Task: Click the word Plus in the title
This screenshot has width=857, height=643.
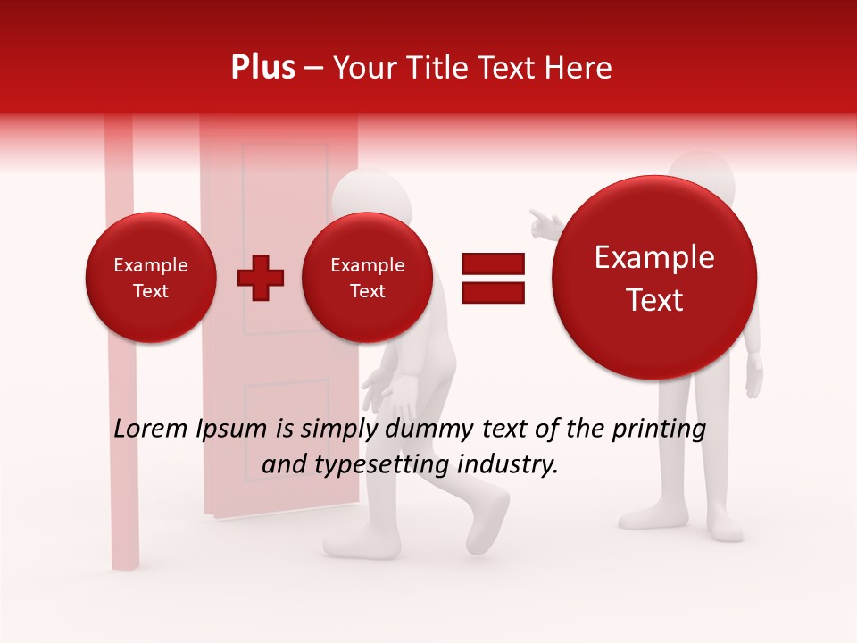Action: pyautogui.click(x=262, y=68)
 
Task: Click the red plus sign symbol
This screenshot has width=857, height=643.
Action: pyautogui.click(x=261, y=277)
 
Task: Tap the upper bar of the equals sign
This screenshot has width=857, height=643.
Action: pyautogui.click(x=492, y=263)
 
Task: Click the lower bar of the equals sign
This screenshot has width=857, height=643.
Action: pyautogui.click(x=492, y=291)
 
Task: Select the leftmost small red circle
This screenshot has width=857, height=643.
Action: pyautogui.click(x=151, y=278)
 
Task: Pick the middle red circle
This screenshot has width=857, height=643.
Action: pyautogui.click(x=368, y=278)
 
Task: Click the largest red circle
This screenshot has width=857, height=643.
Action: pyautogui.click(x=654, y=278)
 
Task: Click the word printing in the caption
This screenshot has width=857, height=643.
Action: pyautogui.click(x=657, y=429)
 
